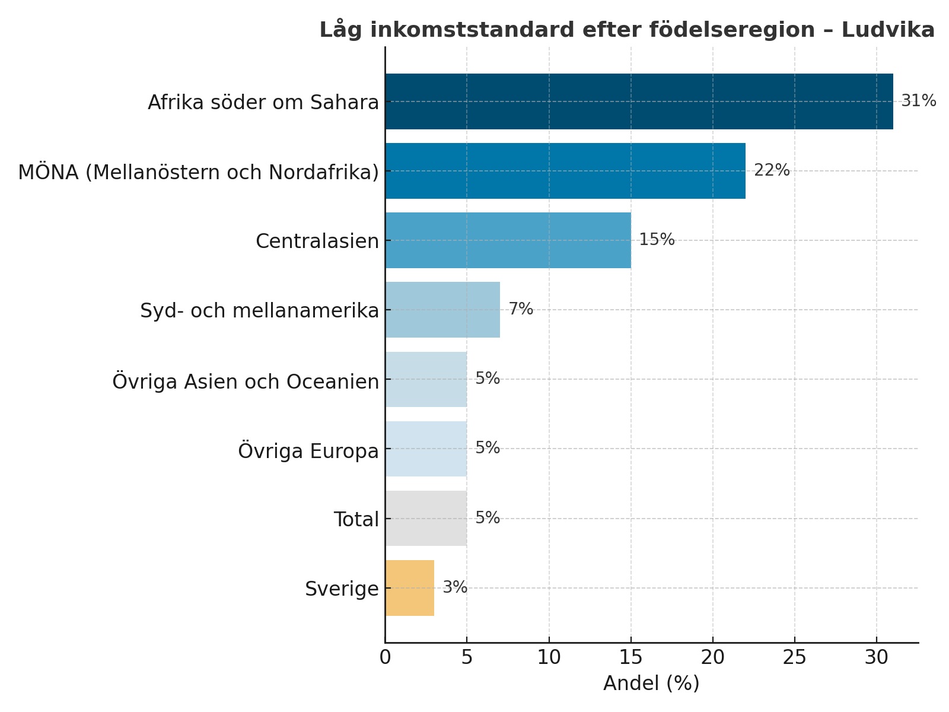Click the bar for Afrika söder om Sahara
coord(639,101)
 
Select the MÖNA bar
coord(565,171)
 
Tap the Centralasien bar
coord(508,240)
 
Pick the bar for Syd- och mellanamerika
coord(442,310)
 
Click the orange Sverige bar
coord(410,588)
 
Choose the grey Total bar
coord(426,519)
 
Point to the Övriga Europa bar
coord(426,449)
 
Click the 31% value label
coord(918,101)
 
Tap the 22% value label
coord(772,170)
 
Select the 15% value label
coord(657,240)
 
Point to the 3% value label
coord(455,587)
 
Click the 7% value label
coord(521,309)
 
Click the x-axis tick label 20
coord(713,657)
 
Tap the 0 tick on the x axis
coord(386,657)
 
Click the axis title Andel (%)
coord(651,684)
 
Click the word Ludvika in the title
coord(888,30)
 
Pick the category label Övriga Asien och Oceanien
coord(246,381)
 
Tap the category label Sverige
coord(342,589)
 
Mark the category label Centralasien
coord(317,241)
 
